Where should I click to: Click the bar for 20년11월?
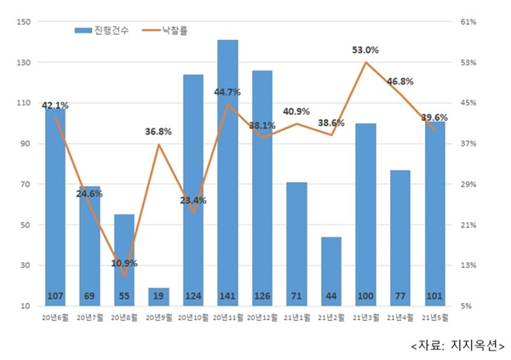tap(227, 170)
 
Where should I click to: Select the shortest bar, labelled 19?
tap(158, 296)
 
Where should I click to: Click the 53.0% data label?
tap(365, 50)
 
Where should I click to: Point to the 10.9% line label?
tap(124, 263)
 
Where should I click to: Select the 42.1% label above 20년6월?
tap(55, 106)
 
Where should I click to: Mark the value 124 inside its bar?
tap(192, 297)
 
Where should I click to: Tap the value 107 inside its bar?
tap(55, 297)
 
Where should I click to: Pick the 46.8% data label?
tap(400, 82)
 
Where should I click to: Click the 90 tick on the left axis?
tap(25, 144)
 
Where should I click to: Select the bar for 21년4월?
tap(400, 237)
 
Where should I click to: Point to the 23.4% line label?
tap(193, 201)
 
